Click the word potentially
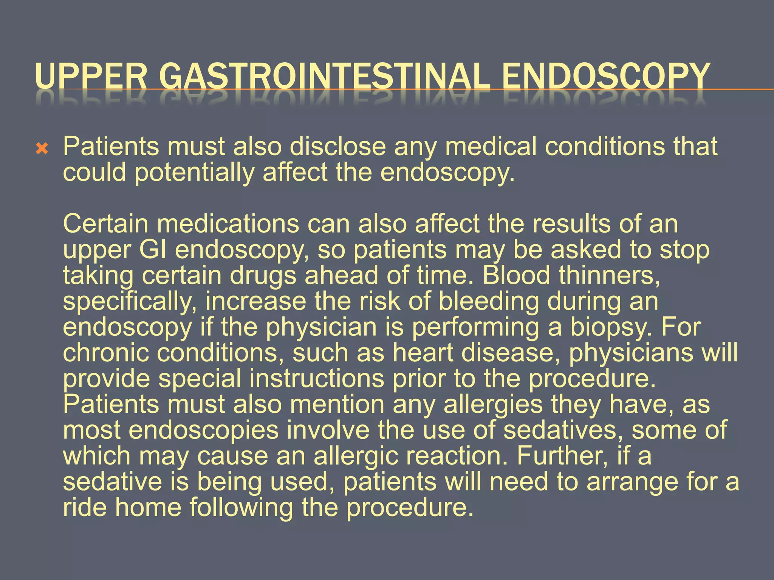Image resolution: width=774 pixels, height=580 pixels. coord(194,172)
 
